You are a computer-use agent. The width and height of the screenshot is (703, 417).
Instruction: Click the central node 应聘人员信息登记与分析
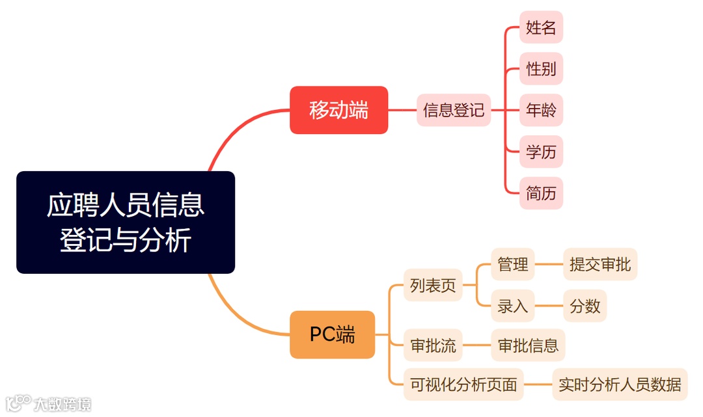(125, 222)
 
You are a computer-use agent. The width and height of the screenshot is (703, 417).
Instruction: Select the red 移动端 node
(338, 110)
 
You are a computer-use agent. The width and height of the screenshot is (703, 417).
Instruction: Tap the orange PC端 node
(332, 334)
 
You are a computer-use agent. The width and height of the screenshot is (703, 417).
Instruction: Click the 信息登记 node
(454, 110)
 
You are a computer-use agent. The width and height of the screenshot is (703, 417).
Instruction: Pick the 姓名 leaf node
(541, 27)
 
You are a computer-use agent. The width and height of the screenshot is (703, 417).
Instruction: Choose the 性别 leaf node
(541, 69)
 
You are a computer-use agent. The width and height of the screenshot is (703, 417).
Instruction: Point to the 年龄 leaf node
(541, 110)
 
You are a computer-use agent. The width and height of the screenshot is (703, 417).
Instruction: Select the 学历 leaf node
(541, 152)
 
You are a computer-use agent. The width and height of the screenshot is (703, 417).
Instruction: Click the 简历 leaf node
(541, 193)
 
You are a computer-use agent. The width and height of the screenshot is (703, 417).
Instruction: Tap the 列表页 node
(433, 285)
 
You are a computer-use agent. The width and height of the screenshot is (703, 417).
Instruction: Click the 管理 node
(513, 264)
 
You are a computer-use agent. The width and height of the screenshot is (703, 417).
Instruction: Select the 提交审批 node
(600, 264)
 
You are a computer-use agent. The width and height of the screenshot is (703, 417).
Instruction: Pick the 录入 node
(513, 306)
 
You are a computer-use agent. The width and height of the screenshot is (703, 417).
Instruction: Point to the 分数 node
(585, 306)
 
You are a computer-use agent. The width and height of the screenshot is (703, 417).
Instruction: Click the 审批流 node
(433, 345)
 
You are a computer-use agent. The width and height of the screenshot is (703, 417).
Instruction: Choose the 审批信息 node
(528, 345)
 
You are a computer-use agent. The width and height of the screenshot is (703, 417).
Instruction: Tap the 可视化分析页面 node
(463, 384)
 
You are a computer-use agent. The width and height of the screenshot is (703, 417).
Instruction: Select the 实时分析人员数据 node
(620, 384)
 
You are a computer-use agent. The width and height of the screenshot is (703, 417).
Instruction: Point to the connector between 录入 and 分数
(549, 306)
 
